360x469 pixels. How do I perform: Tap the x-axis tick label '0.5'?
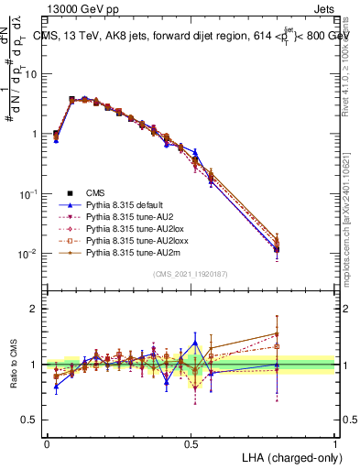coord(191,443)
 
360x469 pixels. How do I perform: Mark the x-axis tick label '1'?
coord(335,443)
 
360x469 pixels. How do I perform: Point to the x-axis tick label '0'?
coord(47,443)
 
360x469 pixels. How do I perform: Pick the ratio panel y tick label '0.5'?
coord(28,420)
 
